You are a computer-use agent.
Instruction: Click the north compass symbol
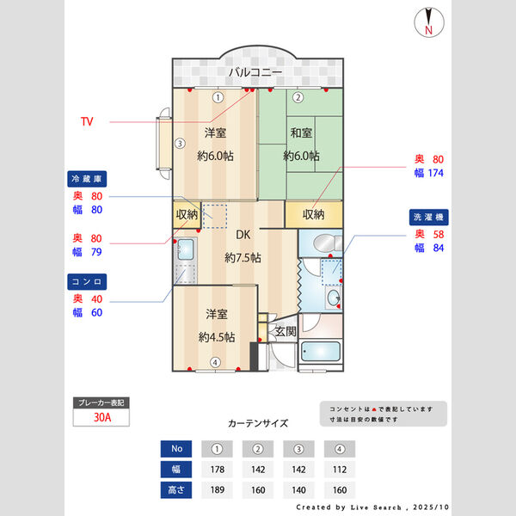pyautogui.click(x=428, y=22)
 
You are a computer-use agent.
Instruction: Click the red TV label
pyautogui.click(x=87, y=122)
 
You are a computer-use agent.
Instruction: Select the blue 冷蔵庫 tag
pyautogui.click(x=87, y=179)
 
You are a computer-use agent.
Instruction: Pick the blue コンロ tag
pyautogui.click(x=87, y=281)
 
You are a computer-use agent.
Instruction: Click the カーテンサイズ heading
pyautogui.click(x=258, y=423)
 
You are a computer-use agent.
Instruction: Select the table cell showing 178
pyautogui.click(x=218, y=470)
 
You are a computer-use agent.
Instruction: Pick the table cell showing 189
pyautogui.click(x=218, y=489)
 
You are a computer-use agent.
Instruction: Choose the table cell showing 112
pyautogui.click(x=340, y=470)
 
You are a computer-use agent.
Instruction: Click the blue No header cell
pyautogui.click(x=177, y=448)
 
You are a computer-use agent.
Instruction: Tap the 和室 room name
pyautogui.click(x=301, y=133)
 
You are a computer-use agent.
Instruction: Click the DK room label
pyautogui.click(x=243, y=234)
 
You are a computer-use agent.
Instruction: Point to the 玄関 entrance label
pyautogui.click(x=286, y=331)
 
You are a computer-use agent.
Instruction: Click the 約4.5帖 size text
pyautogui.click(x=216, y=336)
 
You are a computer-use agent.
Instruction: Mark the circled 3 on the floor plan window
pyautogui.click(x=179, y=144)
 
